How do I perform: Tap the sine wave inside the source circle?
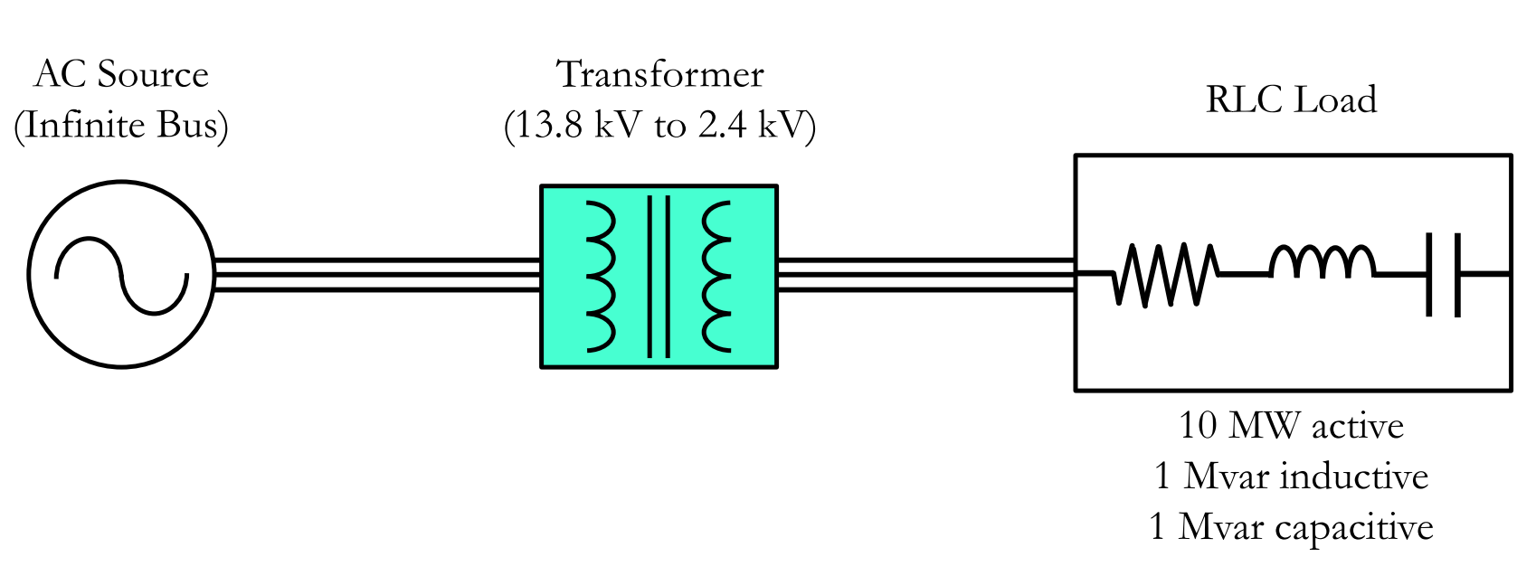121,275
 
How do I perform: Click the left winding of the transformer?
602,276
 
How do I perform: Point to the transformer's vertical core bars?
659,276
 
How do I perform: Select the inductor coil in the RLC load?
1322,262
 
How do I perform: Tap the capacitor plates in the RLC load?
1442,274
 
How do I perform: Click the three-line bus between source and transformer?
376,275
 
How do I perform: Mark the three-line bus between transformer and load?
925,275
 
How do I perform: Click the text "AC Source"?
121,74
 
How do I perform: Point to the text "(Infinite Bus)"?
121,125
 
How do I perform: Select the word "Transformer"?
660,74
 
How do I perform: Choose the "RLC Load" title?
1291,99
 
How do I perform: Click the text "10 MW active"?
1291,425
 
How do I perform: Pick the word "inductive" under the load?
1354,476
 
